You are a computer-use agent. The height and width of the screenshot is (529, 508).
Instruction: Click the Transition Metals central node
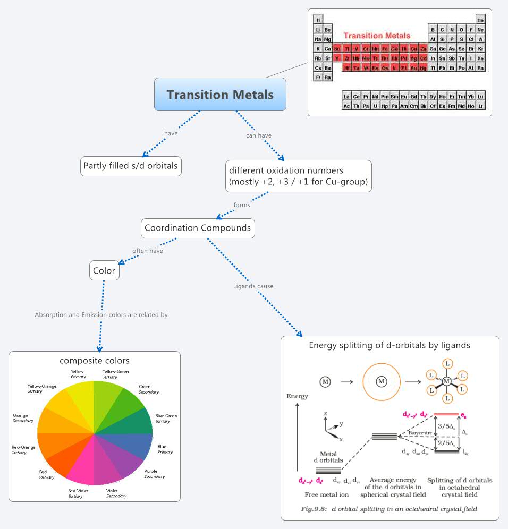coord(220,95)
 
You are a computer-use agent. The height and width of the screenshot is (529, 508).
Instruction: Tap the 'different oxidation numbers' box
coord(298,176)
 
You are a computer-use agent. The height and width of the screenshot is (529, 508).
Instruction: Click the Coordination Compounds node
coord(198,228)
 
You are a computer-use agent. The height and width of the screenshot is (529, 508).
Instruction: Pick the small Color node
coord(104,271)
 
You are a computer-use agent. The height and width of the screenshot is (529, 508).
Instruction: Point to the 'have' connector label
coord(171,133)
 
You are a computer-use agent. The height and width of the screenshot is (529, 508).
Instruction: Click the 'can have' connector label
coord(259,135)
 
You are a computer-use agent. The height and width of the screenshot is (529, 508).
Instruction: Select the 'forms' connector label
coord(242,205)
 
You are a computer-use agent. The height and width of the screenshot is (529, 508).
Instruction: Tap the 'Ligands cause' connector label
coord(253,286)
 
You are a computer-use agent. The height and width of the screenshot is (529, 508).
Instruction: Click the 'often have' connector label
coord(148,251)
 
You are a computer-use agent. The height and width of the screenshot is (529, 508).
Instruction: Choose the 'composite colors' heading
coord(95,361)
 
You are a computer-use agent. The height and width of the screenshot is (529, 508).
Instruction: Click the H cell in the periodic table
coord(318,20)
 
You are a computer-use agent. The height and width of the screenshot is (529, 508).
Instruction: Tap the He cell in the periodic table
coord(480,20)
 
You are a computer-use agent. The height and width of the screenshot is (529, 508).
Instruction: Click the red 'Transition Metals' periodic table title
coord(377,36)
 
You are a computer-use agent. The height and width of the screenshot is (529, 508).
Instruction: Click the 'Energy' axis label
coord(297,396)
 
